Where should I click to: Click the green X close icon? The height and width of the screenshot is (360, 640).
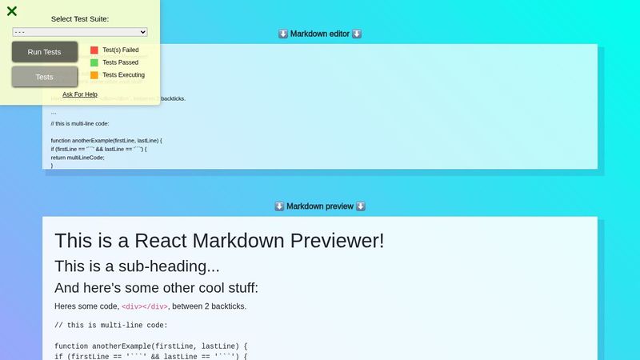(12, 11)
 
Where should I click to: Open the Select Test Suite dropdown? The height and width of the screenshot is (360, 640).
(80, 32)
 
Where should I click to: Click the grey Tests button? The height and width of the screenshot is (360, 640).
(45, 77)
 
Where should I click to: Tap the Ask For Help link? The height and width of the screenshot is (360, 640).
(80, 94)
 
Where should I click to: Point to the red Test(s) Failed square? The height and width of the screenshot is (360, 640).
(94, 50)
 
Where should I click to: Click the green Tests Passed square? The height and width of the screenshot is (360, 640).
(94, 62)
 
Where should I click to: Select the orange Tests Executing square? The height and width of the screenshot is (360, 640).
(94, 75)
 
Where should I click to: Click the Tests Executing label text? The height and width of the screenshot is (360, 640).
(124, 75)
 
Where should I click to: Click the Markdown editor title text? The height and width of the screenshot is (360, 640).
(319, 34)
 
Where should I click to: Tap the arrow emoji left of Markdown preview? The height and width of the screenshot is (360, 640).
(279, 206)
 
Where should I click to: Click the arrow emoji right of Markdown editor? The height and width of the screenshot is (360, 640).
(357, 34)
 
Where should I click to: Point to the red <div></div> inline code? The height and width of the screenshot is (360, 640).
(145, 306)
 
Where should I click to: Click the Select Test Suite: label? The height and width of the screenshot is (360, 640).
(80, 18)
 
